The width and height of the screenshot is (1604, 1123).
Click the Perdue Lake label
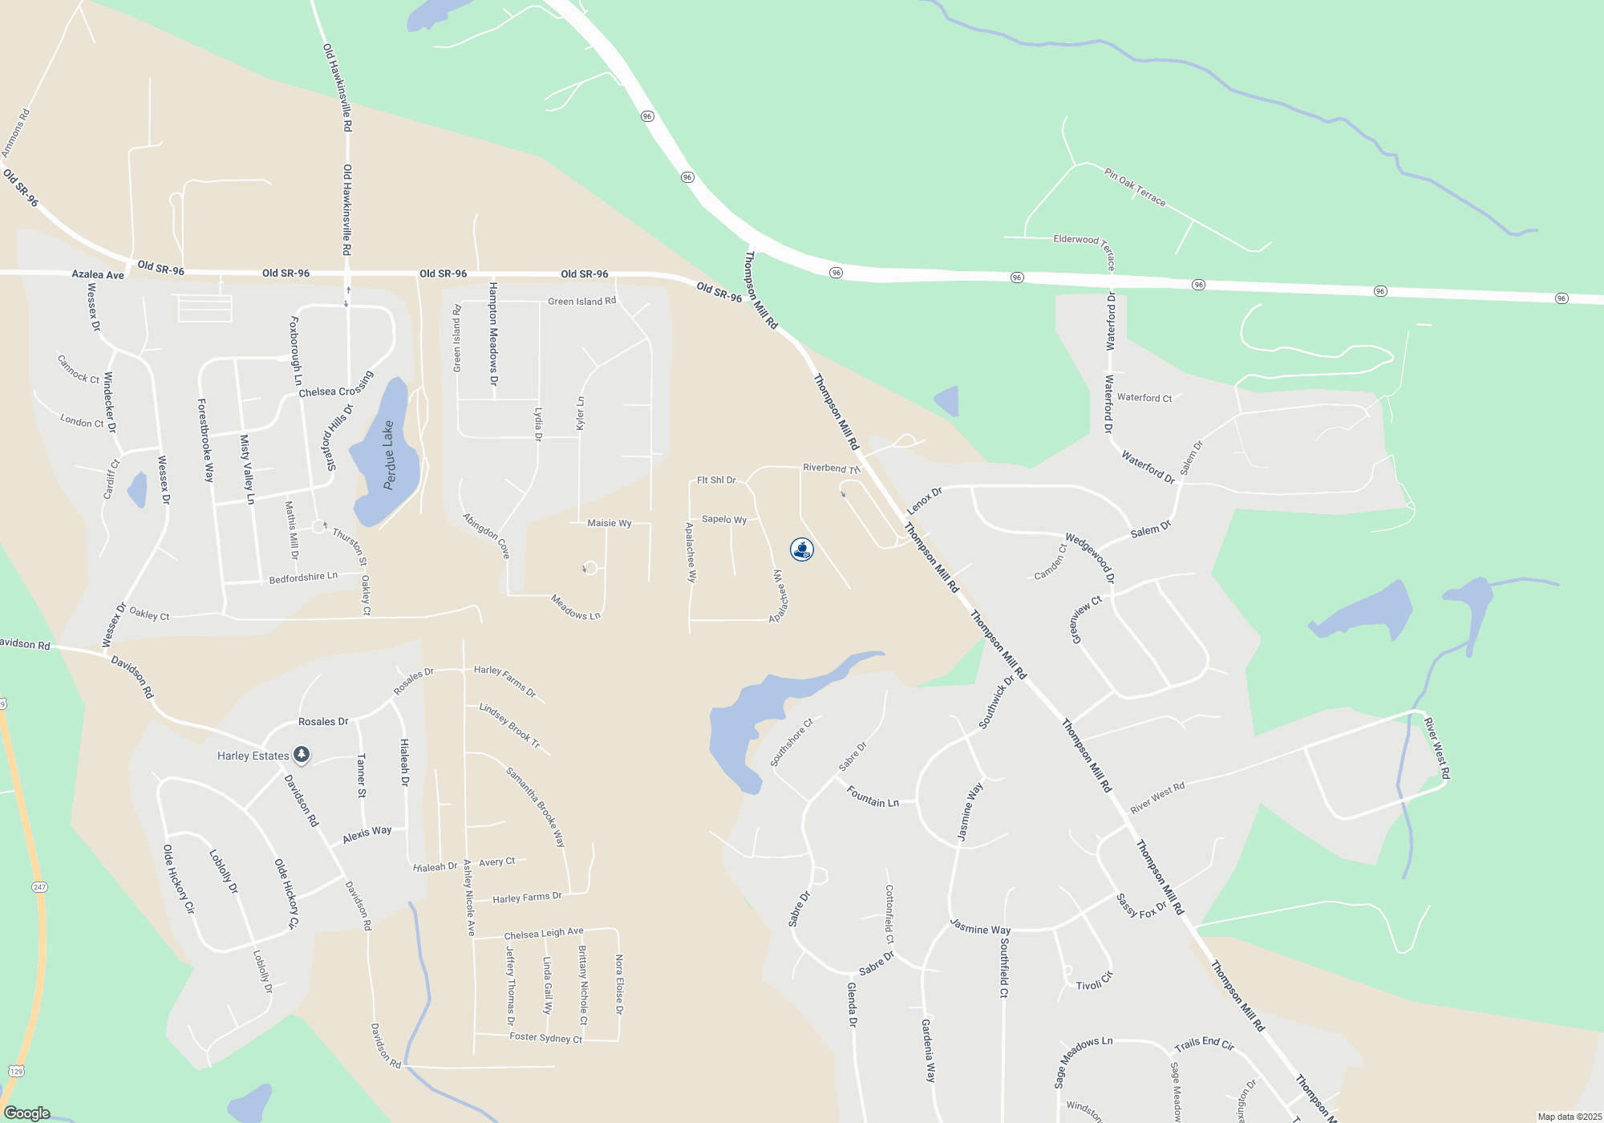click(x=389, y=455)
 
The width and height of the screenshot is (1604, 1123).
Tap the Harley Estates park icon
click(x=302, y=754)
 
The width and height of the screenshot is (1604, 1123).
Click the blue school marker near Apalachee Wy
click(x=802, y=549)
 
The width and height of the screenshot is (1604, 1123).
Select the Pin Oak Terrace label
click(x=1135, y=187)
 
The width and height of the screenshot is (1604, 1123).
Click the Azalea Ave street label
click(x=98, y=274)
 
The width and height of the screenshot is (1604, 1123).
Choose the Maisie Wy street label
click(x=610, y=523)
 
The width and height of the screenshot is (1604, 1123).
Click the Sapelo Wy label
click(x=724, y=519)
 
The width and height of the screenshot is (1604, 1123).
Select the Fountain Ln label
click(x=873, y=797)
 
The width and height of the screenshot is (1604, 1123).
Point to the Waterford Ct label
click(x=1144, y=398)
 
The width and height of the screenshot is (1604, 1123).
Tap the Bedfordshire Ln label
click(x=303, y=578)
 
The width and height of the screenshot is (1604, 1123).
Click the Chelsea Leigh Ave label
click(x=544, y=933)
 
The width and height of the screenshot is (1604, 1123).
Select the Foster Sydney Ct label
click(x=546, y=1037)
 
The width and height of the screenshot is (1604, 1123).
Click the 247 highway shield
click(x=40, y=887)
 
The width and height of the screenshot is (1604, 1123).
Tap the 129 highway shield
click(x=17, y=1071)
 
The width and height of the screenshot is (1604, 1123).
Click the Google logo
click(x=27, y=1113)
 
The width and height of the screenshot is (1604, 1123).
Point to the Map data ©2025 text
click(x=1570, y=1117)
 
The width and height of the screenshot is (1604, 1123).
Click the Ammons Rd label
click(x=15, y=133)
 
